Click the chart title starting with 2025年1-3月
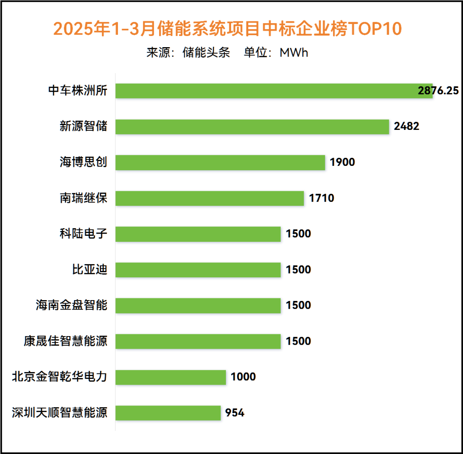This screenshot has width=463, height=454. [228, 29]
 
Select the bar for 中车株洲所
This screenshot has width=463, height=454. [274, 91]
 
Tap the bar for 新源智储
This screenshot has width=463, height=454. [252, 126]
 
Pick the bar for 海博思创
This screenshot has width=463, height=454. [220, 162]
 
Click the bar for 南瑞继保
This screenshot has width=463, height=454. [209, 198]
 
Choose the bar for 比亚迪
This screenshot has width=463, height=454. [198, 270]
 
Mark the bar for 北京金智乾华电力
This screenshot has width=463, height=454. [170, 377]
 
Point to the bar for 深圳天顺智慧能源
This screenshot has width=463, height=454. [168, 413]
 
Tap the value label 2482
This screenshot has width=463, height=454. [406, 126]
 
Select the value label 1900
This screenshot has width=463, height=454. [343, 162]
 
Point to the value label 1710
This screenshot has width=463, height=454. [321, 198]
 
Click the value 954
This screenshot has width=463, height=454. [235, 413]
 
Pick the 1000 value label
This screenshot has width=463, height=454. [243, 377]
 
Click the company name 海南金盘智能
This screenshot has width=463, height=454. [72, 305]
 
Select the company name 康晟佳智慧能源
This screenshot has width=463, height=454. [66, 341]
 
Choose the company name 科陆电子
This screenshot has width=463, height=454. [83, 234]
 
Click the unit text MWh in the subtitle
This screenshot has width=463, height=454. [294, 53]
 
